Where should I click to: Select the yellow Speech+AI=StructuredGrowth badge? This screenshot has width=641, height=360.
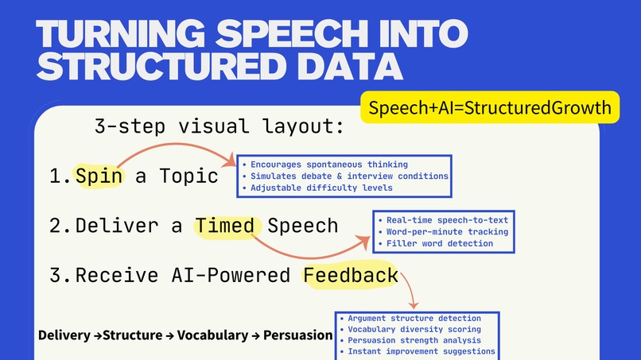490,109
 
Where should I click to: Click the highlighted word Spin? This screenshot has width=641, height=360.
99,176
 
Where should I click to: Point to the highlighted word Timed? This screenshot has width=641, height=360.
225,226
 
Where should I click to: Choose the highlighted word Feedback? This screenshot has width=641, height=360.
351,276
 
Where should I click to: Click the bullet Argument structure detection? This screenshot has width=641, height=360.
414,318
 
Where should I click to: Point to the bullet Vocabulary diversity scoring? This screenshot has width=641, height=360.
414,329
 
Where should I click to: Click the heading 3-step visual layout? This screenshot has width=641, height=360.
219,127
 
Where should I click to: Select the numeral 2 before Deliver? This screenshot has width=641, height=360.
56,226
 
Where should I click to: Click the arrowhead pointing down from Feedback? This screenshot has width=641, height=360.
413,304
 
